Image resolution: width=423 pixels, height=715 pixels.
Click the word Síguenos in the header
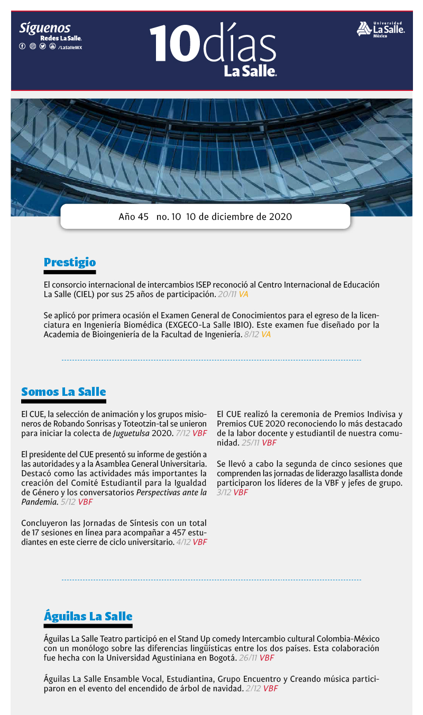[44, 29]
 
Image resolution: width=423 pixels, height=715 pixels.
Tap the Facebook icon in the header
[22, 47]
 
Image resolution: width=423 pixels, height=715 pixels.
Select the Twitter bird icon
[42, 47]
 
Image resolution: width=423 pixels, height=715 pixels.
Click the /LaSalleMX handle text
[70, 47]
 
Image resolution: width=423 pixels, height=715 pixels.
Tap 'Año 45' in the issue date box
[134, 217]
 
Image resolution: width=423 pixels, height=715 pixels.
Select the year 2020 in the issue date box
[280, 217]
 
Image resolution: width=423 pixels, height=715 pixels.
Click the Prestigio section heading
[70, 262]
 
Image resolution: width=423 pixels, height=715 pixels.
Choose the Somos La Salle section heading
[63, 392]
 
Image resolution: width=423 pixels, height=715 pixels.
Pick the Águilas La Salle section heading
[88, 616]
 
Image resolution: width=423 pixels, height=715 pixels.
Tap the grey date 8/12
[251, 335]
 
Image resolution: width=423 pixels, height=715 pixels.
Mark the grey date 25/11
[251, 443]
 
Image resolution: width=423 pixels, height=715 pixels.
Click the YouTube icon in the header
[52, 47]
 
